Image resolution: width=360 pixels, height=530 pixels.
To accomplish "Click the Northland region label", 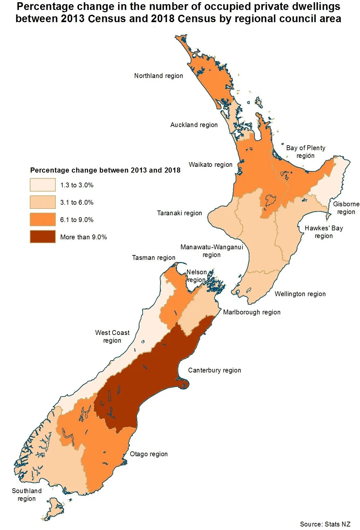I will pyautogui.click(x=158, y=76).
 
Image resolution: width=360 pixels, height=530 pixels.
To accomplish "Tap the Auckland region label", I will pyautogui.click(x=194, y=125).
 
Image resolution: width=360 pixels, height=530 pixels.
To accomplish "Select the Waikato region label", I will pyautogui.click(x=210, y=165).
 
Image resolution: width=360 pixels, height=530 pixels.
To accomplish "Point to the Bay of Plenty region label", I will pyautogui.click(x=306, y=152).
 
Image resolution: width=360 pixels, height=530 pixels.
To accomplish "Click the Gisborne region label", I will pyautogui.click(x=346, y=208).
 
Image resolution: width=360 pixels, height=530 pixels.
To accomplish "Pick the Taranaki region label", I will pyautogui.click(x=179, y=213).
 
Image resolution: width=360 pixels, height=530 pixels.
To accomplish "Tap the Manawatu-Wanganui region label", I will pyautogui.click(x=212, y=251).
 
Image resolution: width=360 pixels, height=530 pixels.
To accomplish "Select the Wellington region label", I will pyautogui.click(x=300, y=294).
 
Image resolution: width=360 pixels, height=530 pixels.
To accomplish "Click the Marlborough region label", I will pyautogui.click(x=252, y=312).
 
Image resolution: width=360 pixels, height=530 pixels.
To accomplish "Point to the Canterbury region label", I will pyautogui.click(x=214, y=371).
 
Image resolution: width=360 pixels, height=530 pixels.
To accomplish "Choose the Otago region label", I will pyautogui.click(x=149, y=454).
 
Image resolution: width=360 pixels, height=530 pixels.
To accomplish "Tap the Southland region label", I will pyautogui.click(x=27, y=495).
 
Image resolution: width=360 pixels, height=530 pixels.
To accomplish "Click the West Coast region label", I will pyautogui.click(x=112, y=337).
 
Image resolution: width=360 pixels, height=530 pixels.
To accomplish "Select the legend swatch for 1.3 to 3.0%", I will pyautogui.click(x=43, y=185).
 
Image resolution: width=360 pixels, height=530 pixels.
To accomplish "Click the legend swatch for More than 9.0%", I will pyautogui.click(x=43, y=237).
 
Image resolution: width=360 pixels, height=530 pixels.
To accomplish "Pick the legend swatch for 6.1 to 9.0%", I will pyautogui.click(x=43, y=220).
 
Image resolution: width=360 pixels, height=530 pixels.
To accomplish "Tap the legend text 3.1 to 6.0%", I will pyautogui.click(x=77, y=203).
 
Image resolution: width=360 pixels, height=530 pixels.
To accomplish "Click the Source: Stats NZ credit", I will pyautogui.click(x=325, y=524).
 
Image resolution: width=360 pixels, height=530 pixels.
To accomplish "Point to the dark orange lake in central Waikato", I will pyautogui.click(x=271, y=201).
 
